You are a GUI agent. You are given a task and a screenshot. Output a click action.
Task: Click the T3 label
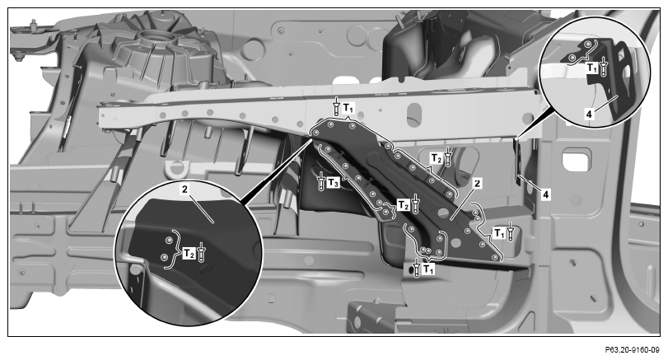coord(334,183)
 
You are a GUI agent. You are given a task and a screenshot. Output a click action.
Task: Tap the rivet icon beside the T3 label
coord(321,182)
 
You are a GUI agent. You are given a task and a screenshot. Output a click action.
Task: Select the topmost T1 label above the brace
coord(348,107)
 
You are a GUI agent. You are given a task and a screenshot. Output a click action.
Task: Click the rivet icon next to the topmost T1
coord(337,107)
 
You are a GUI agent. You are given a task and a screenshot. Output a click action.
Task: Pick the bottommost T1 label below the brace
coord(429,269)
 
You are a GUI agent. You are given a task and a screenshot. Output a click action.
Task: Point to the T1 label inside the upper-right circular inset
coord(592,67)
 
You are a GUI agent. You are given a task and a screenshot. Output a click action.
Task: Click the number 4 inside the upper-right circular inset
coord(589,115)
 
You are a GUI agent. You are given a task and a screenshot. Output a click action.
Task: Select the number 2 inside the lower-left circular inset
coord(185,189)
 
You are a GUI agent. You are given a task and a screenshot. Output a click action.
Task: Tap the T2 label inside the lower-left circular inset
coord(189,255)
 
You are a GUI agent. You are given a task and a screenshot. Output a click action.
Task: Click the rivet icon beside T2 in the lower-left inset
coord(202,253)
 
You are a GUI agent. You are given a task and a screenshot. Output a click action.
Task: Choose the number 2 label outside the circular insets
coord(478,184)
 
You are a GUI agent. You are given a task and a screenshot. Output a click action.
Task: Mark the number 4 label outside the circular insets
coord(546,194)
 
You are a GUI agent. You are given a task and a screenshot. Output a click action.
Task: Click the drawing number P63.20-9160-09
coord(632,350)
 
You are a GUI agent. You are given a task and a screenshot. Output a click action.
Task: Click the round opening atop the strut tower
coord(158,38)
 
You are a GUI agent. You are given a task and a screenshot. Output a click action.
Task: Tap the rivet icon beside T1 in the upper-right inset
coord(603,68)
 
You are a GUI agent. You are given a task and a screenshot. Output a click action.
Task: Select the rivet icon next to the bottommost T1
coord(417,269)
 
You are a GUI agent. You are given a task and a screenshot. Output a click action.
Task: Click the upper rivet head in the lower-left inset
coord(169,241)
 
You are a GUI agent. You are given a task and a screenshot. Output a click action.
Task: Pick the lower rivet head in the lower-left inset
coord(165,257)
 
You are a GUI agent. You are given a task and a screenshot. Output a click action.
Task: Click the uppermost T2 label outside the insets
coord(437,158)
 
